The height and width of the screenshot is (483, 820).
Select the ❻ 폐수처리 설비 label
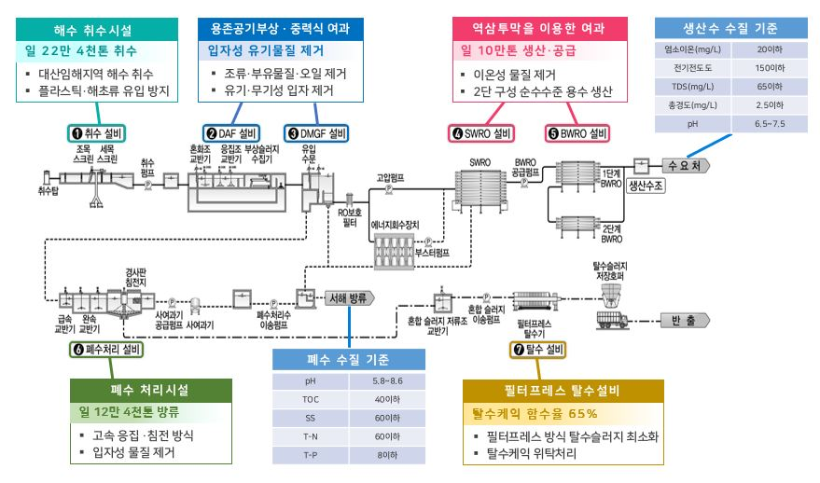[x=108, y=350]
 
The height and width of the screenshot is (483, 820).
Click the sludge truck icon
[x=617, y=321]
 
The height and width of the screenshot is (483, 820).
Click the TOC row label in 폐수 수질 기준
[x=311, y=400]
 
